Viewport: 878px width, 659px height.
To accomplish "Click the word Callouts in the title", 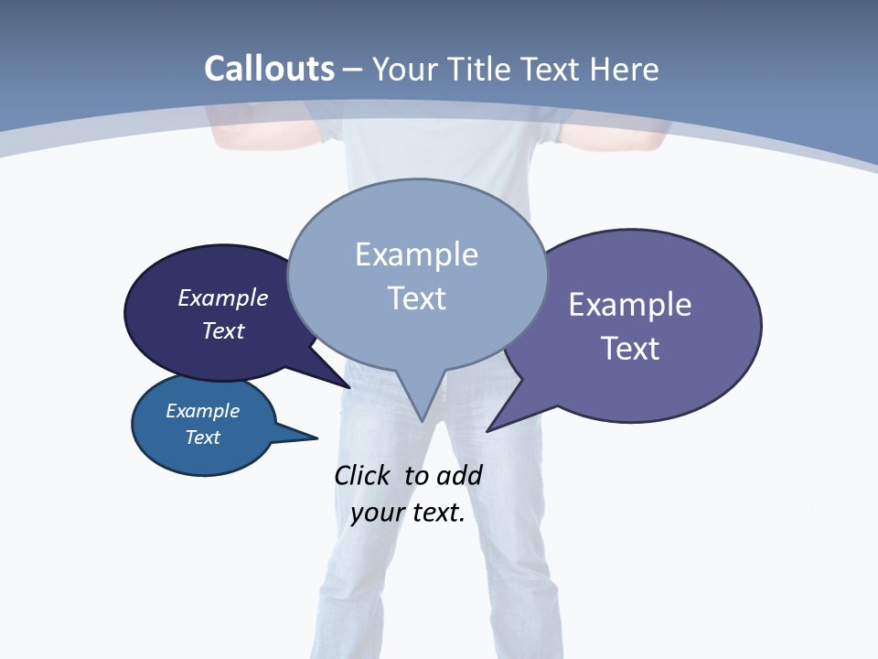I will (269, 69).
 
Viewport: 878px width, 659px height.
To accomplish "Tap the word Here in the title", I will (625, 69).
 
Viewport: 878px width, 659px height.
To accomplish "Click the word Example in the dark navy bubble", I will (222, 297).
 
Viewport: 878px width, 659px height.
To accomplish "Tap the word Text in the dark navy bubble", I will (222, 330).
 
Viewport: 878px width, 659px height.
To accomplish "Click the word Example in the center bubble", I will (416, 254).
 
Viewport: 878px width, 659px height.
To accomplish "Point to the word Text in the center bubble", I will (416, 298).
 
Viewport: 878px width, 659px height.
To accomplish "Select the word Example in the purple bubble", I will (630, 304).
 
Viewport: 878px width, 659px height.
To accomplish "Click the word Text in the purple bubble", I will (630, 348).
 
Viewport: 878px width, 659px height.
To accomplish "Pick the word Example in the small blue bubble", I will (202, 411).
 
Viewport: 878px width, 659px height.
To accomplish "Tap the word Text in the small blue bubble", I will (202, 438).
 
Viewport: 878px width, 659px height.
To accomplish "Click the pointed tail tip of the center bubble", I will (421, 421).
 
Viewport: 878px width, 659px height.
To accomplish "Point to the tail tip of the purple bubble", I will (487, 430).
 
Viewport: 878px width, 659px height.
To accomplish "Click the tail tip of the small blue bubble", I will (316, 438).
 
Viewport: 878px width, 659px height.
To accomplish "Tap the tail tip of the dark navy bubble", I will (350, 387).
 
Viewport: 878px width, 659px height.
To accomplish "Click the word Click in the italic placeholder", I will (363, 475).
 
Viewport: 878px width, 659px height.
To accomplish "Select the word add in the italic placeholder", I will (458, 475).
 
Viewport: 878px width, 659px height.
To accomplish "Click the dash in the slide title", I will (353, 70).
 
